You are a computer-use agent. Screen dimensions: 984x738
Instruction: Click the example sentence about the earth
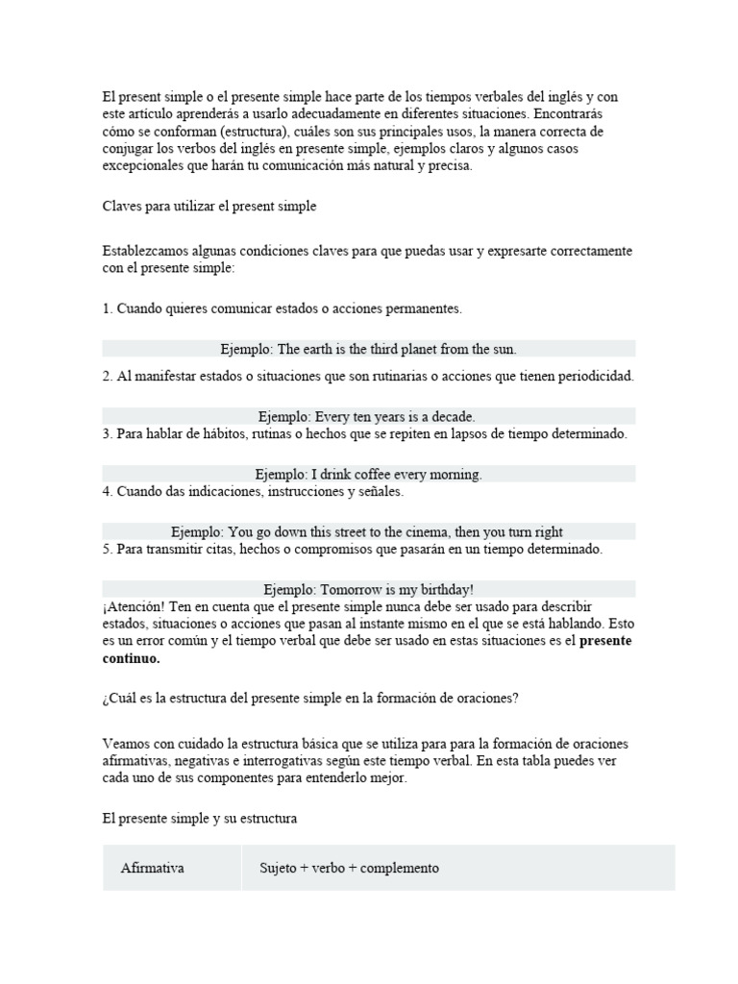coord(368,349)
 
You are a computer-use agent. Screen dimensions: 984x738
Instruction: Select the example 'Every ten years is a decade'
coord(368,416)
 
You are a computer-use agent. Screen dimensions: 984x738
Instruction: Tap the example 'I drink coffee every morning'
coord(368,475)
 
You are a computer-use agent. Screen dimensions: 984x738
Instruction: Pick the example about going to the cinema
coord(368,531)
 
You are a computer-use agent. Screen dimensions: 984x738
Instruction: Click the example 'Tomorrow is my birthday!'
coord(368,589)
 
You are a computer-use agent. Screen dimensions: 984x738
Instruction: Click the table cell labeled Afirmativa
coord(153,868)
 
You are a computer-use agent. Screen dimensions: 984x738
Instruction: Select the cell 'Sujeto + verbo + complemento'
coord(349,868)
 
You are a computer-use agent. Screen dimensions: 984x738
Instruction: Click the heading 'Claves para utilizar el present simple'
coord(209,206)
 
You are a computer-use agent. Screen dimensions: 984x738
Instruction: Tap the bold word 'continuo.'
coord(132,659)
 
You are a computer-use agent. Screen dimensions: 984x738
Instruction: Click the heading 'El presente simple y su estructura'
coord(200,820)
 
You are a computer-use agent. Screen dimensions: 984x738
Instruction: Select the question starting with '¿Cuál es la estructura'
coord(310,699)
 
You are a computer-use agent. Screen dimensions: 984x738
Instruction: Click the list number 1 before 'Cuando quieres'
coord(107,308)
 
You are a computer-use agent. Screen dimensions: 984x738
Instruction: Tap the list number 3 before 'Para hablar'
coord(107,433)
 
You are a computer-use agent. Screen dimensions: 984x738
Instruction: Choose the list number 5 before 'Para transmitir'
coord(107,549)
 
